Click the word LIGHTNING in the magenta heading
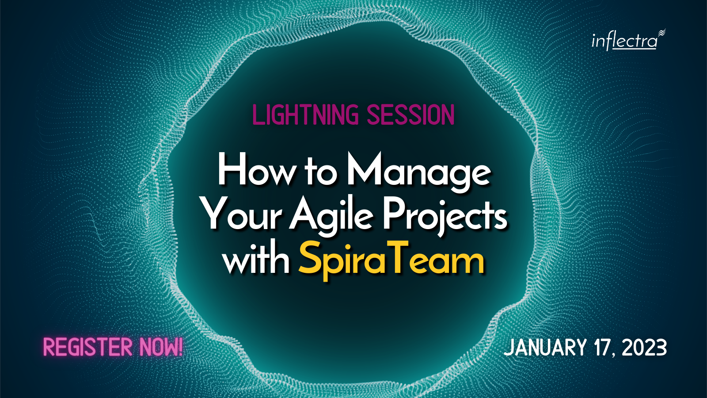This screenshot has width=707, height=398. (x=305, y=115)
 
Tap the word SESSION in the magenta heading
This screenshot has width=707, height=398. (x=411, y=115)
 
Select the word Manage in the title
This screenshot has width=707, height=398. (x=418, y=173)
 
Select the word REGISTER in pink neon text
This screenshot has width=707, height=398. (x=88, y=347)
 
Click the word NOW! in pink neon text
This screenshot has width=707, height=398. (x=161, y=347)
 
